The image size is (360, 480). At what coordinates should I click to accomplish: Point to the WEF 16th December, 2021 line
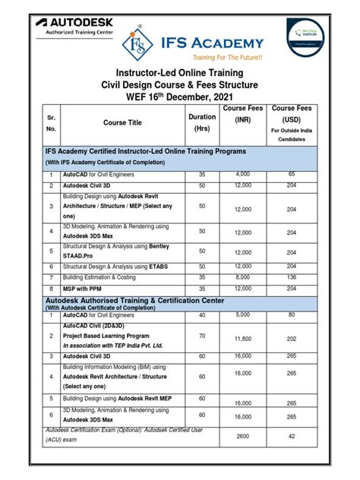point(180,97)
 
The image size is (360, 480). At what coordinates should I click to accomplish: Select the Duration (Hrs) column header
point(202,122)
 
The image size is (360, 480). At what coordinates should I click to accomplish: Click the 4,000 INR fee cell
point(243,174)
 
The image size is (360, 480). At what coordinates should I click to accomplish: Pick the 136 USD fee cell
point(291,278)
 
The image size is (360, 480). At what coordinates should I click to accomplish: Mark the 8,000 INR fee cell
point(243,278)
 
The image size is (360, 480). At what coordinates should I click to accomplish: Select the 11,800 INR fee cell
point(243,339)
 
